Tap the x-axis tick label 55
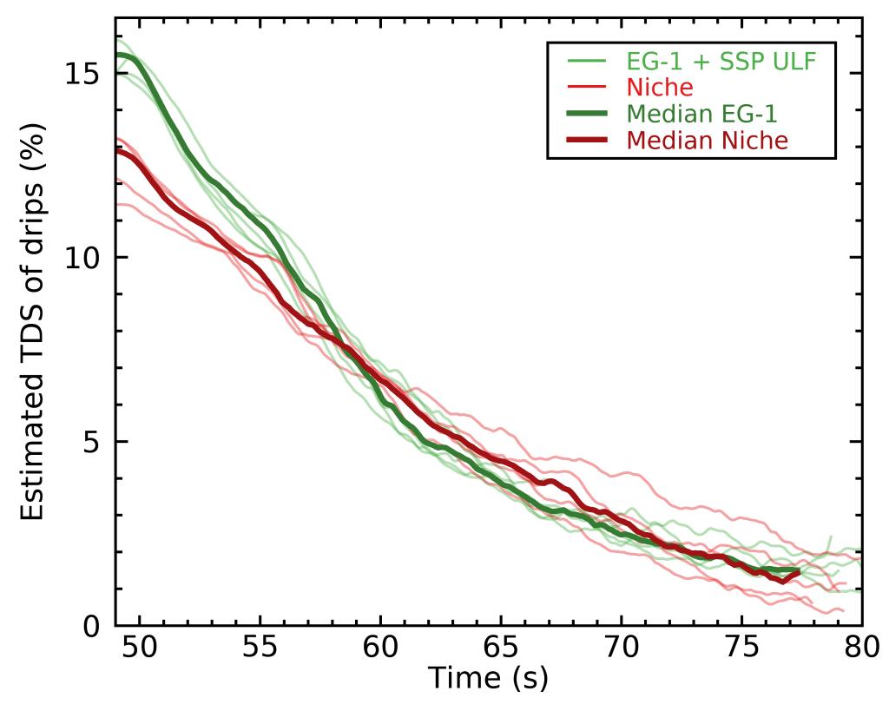[260, 647]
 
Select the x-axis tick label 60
[380, 647]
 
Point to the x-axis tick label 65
[501, 647]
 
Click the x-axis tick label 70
[622, 647]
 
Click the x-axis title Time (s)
[488, 678]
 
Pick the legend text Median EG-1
[701, 114]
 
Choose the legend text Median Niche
[708, 140]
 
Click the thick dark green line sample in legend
[588, 114]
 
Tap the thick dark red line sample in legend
[588, 140]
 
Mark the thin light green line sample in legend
[588, 61]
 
